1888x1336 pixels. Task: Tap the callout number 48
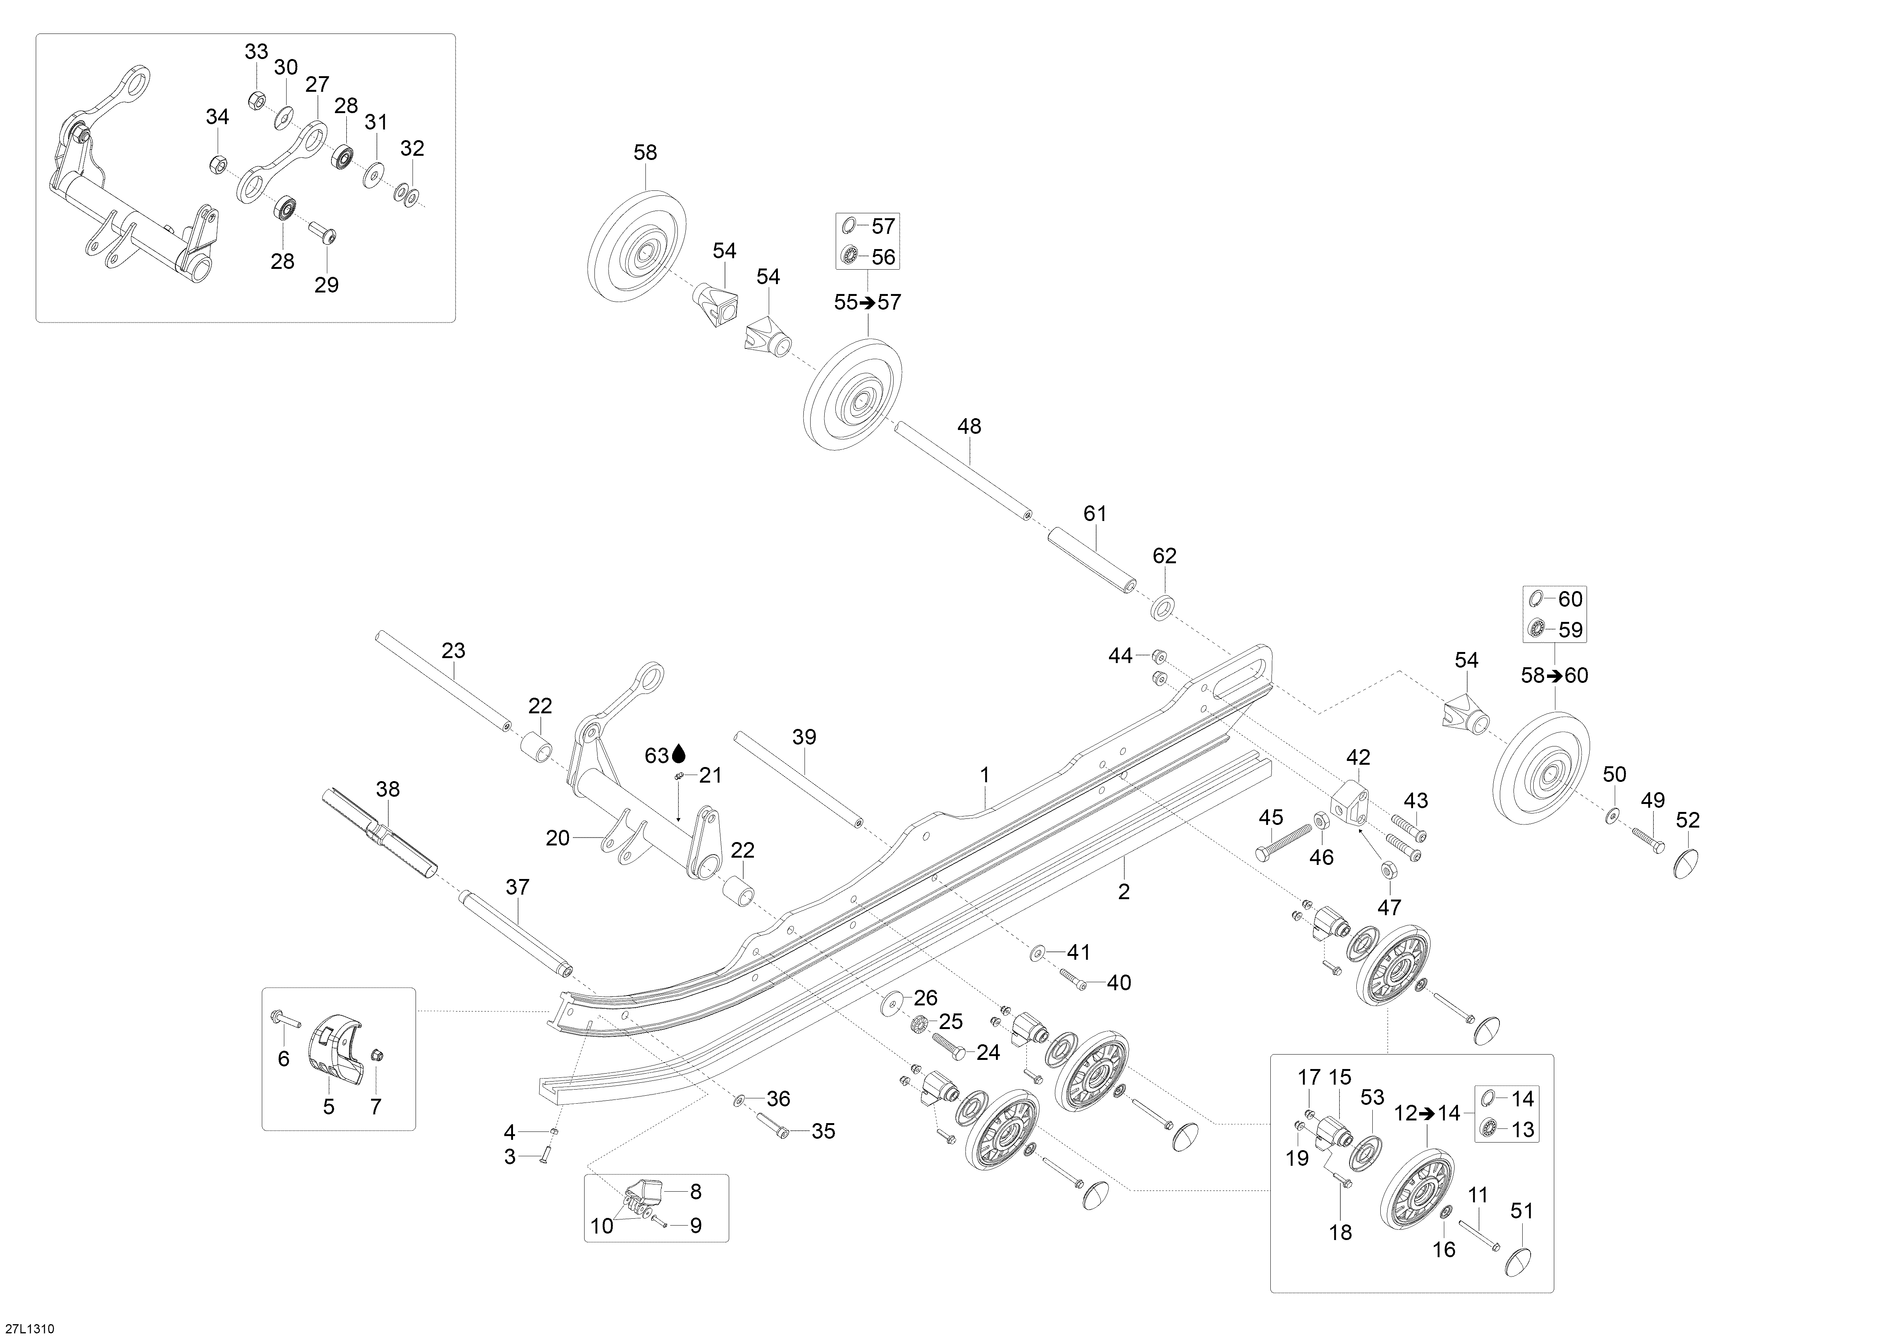[969, 426]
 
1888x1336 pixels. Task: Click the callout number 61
[1095, 513]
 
